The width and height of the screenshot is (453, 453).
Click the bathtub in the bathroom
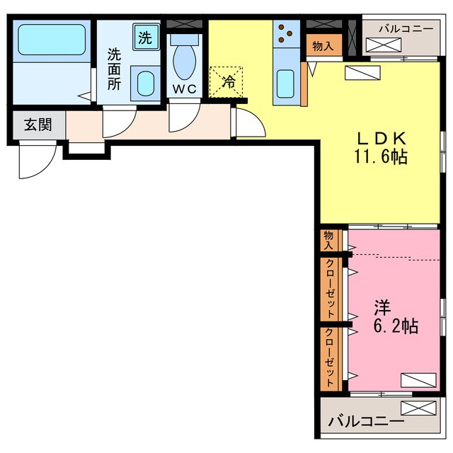[52, 40]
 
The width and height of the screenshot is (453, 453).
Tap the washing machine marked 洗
[146, 37]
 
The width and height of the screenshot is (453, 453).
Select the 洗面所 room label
[115, 69]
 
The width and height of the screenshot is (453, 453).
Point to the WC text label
[184, 89]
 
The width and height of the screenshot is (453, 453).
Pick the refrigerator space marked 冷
[226, 82]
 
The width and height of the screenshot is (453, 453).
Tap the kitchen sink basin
[285, 84]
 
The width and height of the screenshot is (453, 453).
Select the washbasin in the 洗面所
[145, 84]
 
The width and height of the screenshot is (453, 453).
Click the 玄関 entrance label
[38, 125]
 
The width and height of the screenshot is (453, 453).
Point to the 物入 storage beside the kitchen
[324, 45]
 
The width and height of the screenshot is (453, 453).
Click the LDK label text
[382, 139]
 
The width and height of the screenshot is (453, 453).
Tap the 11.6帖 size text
[381, 157]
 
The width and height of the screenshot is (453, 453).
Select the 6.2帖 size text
[396, 326]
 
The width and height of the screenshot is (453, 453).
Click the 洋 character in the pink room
[382, 308]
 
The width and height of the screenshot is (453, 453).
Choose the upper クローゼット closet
[331, 288]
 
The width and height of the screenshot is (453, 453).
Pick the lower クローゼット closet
[331, 358]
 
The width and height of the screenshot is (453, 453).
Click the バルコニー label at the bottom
[367, 422]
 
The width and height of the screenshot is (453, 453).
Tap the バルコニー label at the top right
[406, 28]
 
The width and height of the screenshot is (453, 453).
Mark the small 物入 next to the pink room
[329, 241]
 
